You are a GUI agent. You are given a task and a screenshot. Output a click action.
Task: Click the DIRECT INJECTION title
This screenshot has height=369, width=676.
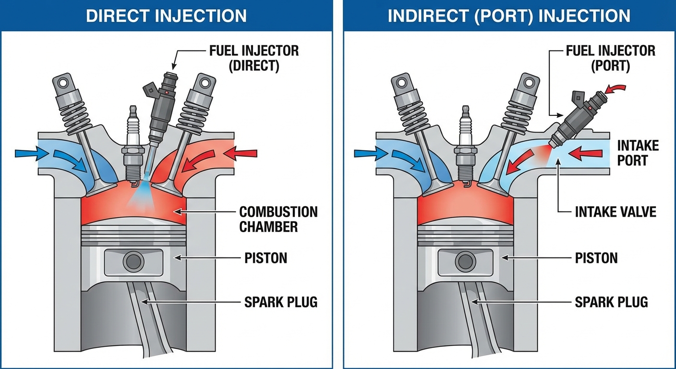(x=166, y=15)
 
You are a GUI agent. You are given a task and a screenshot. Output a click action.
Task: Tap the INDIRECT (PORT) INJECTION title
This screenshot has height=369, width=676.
(x=509, y=15)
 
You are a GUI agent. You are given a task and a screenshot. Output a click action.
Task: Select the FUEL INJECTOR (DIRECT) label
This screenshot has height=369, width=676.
(x=254, y=58)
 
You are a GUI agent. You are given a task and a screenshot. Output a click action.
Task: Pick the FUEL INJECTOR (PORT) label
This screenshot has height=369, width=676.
(x=611, y=58)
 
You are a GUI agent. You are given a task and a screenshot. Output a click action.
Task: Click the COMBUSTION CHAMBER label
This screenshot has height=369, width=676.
(x=278, y=219)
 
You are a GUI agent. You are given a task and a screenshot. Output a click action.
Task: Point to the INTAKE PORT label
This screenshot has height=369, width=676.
(x=638, y=152)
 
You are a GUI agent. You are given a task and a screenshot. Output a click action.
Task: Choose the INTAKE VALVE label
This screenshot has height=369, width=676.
(x=616, y=211)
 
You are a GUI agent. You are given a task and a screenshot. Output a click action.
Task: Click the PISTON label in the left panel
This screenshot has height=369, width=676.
(x=266, y=258)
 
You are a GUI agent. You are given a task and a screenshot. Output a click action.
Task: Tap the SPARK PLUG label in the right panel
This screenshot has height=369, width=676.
(x=611, y=302)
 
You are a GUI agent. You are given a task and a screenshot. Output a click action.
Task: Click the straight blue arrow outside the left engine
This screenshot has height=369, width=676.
(x=26, y=153)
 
